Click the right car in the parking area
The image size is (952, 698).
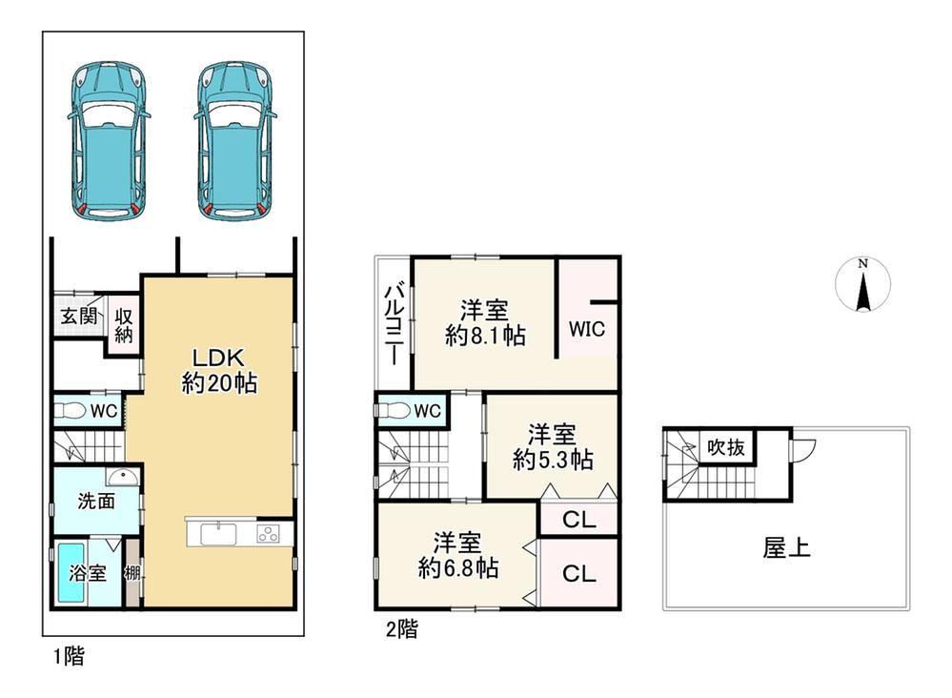[235, 140]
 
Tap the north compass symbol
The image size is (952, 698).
[862, 284]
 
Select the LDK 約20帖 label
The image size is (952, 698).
[219, 370]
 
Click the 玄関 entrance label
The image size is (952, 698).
[79, 316]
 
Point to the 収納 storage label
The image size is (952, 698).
[124, 325]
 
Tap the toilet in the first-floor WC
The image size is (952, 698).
[71, 411]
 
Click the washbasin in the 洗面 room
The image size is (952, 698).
[123, 477]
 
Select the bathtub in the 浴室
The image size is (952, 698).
[71, 573]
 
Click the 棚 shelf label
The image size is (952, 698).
[132, 573]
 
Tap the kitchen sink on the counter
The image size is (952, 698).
[218, 535]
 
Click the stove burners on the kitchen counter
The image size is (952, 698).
[269, 534]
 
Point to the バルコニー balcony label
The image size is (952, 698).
[394, 324]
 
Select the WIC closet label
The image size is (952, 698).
[587, 329]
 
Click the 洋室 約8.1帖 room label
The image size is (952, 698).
[484, 322]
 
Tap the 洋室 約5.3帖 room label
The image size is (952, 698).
[553, 447]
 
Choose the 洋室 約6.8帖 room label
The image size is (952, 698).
[458, 555]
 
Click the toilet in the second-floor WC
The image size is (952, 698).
[394, 411]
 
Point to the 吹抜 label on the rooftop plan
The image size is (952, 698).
[725, 448]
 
